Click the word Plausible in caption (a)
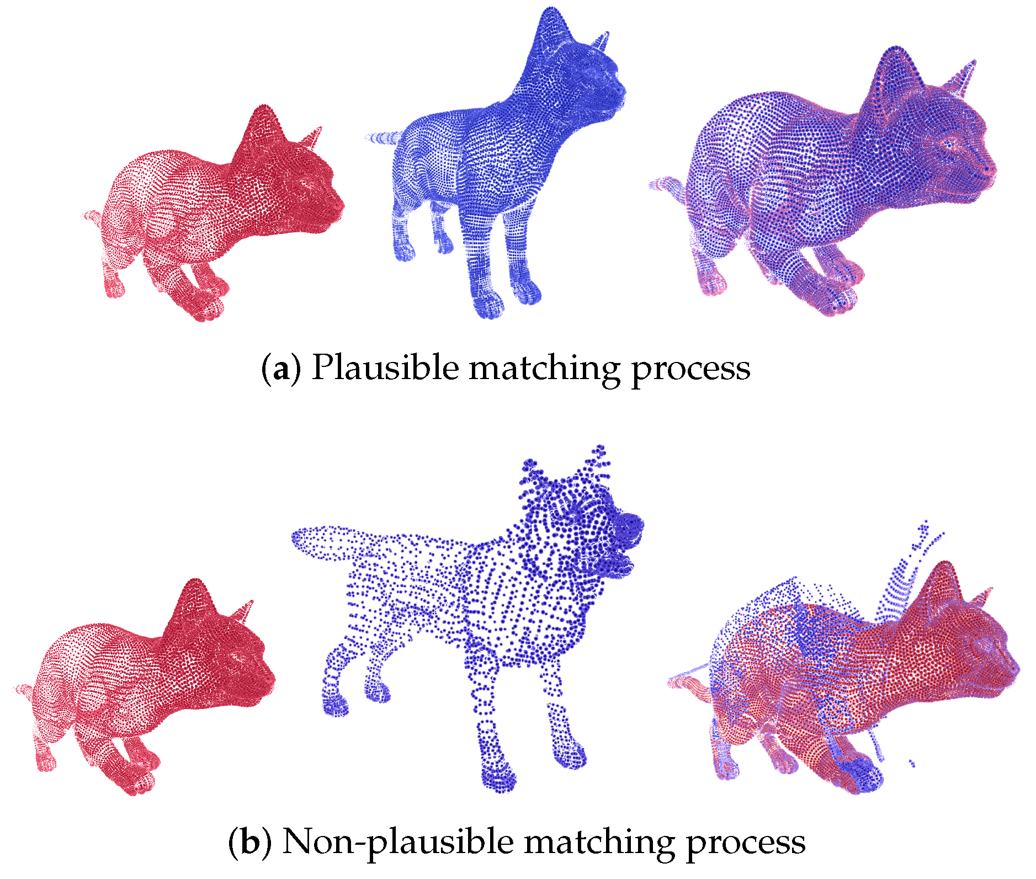(385, 367)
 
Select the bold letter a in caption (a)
(280, 370)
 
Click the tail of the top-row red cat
(92, 216)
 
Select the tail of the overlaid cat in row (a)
(667, 185)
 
